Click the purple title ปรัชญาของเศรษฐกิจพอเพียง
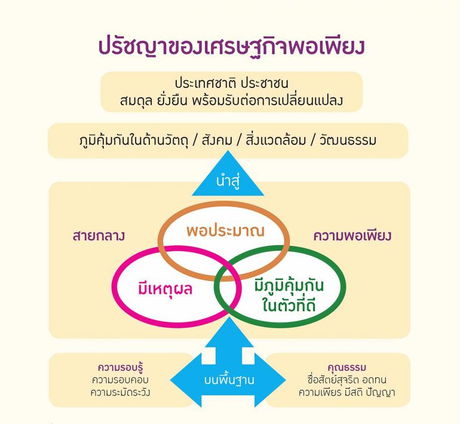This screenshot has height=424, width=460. [x=231, y=47]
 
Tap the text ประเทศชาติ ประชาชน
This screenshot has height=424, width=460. [x=231, y=84]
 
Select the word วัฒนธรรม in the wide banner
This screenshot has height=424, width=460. [x=348, y=140]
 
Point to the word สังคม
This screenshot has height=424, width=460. [x=217, y=140]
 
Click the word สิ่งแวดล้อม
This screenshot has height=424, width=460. [x=276, y=140]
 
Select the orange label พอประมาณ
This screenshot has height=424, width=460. [x=225, y=231]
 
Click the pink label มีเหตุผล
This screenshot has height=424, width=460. [x=165, y=289]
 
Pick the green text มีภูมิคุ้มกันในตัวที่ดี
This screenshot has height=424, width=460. [x=289, y=295]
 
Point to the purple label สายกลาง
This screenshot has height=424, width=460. [x=99, y=236]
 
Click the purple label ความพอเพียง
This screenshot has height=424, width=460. [x=352, y=236]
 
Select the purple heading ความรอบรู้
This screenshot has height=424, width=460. [x=120, y=368]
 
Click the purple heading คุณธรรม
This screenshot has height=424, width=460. [x=346, y=368]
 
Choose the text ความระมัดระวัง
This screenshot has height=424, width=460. [x=120, y=392]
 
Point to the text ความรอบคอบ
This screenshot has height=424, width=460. [x=120, y=380]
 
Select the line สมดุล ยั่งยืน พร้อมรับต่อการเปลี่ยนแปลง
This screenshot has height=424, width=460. [x=231, y=100]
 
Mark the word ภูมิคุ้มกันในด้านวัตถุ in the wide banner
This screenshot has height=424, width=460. [x=134, y=140]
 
